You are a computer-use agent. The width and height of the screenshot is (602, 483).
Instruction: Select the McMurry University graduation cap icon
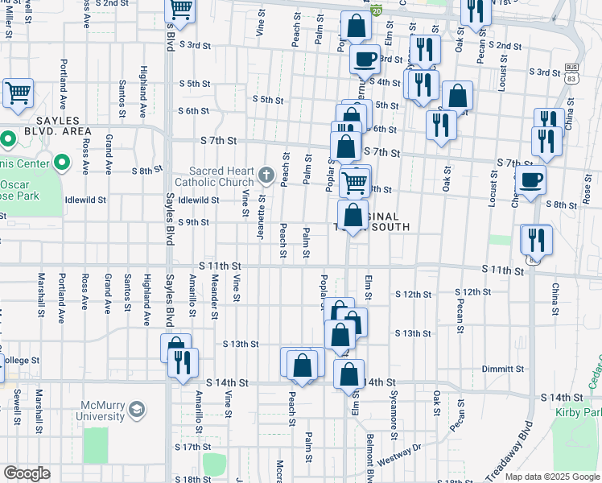pos(137,410)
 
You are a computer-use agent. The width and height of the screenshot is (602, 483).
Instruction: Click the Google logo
pos(27,473)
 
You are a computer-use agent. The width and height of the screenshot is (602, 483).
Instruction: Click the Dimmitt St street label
pos(505,369)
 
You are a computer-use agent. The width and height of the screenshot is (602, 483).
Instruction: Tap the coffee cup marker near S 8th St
pos(530,180)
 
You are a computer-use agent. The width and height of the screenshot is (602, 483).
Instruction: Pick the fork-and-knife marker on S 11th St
pos(535,241)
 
